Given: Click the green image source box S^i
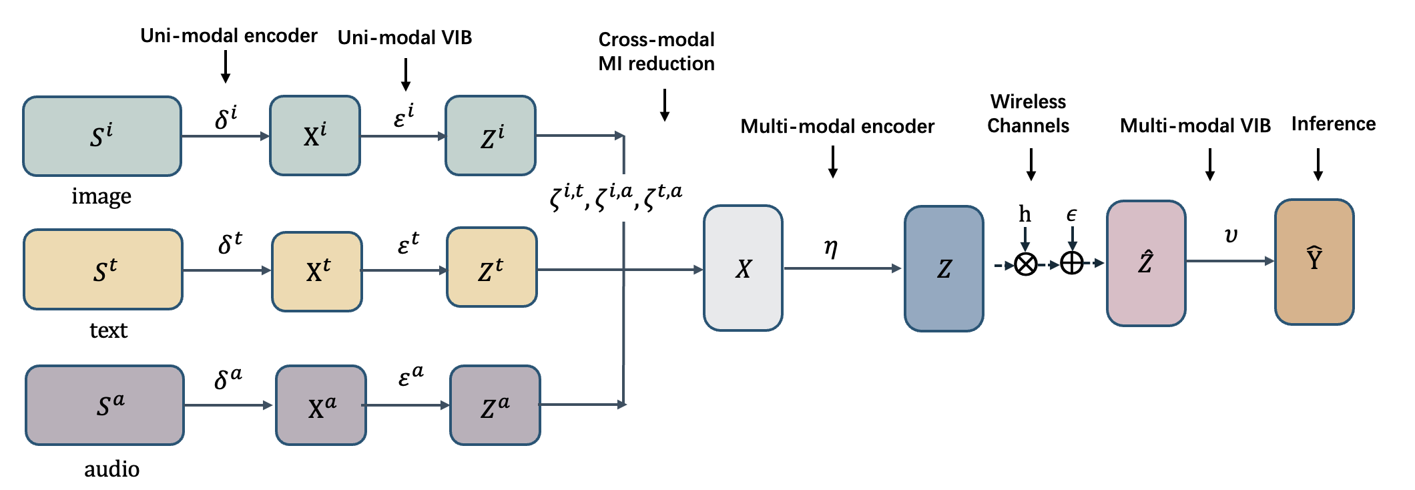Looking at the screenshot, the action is (x=102, y=136).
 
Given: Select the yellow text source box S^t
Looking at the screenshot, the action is (x=103, y=270).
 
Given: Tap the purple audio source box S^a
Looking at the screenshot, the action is (x=105, y=405).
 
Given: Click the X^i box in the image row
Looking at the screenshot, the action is (x=315, y=136).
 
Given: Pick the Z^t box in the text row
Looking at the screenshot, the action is (x=492, y=267).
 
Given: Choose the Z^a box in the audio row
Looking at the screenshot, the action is (x=495, y=405).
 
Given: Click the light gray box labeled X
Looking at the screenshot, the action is (x=743, y=268).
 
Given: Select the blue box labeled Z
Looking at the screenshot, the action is (x=944, y=268).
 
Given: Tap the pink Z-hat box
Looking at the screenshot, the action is (x=1146, y=263).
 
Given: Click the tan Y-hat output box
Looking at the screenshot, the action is (x=1314, y=262).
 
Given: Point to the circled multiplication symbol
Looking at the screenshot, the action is (x=1026, y=264).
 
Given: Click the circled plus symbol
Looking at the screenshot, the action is (x=1072, y=263).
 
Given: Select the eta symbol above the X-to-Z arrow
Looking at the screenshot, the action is (x=831, y=248).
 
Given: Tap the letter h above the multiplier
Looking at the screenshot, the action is (x=1025, y=214).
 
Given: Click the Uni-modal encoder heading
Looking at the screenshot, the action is (x=229, y=35).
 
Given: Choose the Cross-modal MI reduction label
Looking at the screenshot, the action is (x=657, y=51).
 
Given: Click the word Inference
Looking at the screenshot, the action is (x=1334, y=124).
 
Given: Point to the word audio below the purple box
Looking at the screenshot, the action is (x=112, y=469).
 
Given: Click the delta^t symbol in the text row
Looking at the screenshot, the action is (x=230, y=243).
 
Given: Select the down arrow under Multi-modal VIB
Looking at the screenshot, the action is (x=1210, y=164).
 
